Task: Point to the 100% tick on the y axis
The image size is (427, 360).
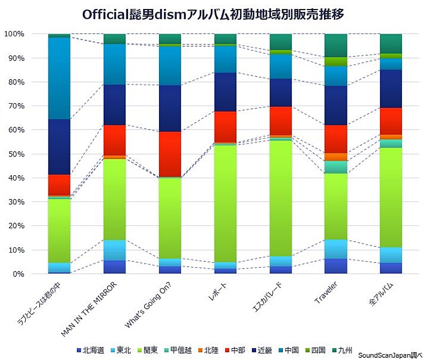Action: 14,34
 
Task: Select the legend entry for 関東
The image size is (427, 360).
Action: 148,350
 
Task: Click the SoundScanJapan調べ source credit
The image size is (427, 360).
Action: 390,355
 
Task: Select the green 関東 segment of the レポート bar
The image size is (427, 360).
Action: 225,203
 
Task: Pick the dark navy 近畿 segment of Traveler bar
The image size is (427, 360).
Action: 335,105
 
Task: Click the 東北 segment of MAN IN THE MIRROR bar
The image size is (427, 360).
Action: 114,250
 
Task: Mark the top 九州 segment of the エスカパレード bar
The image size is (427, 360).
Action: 280,42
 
